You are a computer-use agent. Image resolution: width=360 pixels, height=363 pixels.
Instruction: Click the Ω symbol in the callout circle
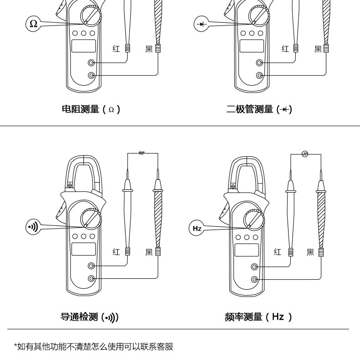click(33, 23)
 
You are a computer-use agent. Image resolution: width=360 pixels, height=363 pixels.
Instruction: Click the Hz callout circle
click(197, 228)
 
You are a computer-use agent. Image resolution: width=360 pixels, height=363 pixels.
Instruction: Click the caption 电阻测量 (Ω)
click(91, 109)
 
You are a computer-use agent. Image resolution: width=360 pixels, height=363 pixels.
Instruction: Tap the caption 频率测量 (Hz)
click(258, 317)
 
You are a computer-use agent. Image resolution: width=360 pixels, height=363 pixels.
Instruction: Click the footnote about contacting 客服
click(93, 347)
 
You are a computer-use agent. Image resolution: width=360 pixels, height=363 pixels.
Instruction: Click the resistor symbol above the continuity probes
click(142, 153)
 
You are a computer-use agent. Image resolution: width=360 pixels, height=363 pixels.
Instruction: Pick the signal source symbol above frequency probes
click(305, 154)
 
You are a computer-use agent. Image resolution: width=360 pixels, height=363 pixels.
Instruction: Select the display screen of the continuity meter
click(83, 249)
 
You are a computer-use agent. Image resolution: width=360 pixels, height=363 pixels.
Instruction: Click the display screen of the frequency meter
click(247, 250)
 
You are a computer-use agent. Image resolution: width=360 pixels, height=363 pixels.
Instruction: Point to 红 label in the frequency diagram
click(278, 252)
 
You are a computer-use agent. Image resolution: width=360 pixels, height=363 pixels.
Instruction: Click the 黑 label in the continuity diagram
click(149, 252)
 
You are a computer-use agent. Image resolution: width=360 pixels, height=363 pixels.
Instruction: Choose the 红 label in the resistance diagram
click(116, 49)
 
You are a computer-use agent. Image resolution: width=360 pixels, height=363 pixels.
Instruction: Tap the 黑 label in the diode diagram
click(318, 49)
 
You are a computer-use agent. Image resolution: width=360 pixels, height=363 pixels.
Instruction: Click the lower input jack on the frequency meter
click(255, 279)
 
